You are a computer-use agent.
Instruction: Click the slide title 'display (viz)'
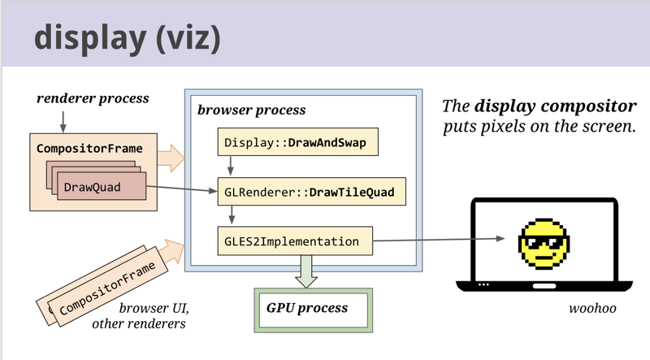tap(127, 37)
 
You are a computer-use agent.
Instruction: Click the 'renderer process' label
tap(93, 98)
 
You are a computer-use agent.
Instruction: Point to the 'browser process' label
tap(251, 110)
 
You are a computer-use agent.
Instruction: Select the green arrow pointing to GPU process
tap(307, 271)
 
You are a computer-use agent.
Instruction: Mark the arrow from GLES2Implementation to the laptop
tap(439, 240)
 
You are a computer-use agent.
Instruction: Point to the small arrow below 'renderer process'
tap(63, 119)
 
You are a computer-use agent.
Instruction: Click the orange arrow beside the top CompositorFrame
tap(170, 158)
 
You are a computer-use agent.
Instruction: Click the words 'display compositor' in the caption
tap(554, 106)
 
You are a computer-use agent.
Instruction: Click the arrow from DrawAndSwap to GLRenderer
tap(231, 166)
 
